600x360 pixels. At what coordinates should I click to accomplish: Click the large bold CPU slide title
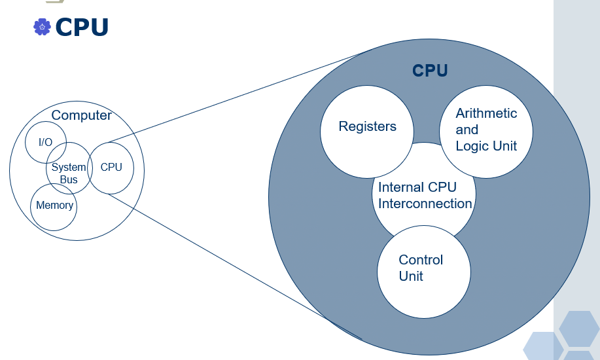click(x=82, y=27)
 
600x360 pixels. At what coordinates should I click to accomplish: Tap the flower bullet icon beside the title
click(x=42, y=27)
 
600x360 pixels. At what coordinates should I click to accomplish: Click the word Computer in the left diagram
click(x=81, y=116)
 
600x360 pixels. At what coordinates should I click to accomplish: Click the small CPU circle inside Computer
click(x=111, y=167)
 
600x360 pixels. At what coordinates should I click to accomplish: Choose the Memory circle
click(x=54, y=206)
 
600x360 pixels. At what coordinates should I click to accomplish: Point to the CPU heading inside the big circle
click(x=430, y=71)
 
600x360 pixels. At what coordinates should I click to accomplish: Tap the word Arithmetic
click(x=486, y=113)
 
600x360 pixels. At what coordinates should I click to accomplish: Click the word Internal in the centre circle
click(x=402, y=187)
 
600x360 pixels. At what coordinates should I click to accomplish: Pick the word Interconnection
click(x=425, y=204)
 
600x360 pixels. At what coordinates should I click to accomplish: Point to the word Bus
click(x=68, y=179)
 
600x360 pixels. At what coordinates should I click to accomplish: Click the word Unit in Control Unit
click(x=411, y=276)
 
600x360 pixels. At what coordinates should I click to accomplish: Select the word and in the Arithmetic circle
click(x=467, y=130)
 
